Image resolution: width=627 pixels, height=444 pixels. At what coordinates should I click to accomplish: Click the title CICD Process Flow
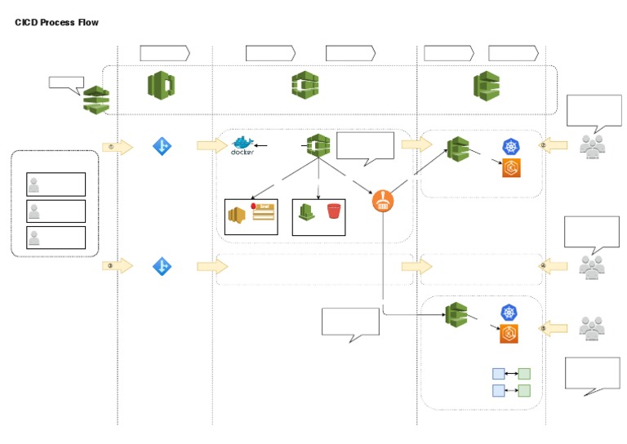click(x=56, y=22)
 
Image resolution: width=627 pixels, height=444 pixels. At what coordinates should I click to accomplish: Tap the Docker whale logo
click(x=242, y=144)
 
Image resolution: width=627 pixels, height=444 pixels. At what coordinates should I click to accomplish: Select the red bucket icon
click(x=333, y=212)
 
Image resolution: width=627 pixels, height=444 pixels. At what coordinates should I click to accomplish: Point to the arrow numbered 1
click(x=117, y=147)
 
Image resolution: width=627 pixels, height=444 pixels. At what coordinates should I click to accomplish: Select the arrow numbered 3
click(x=117, y=266)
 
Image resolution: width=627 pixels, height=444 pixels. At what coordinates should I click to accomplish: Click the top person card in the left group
click(x=56, y=184)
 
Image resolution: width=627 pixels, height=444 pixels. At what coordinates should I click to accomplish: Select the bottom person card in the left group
click(x=56, y=238)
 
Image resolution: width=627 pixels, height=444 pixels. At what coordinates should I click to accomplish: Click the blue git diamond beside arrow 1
click(x=162, y=147)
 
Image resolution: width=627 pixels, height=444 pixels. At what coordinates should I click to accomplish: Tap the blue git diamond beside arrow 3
click(x=162, y=266)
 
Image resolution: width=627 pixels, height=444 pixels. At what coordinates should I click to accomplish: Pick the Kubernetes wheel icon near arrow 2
click(x=512, y=147)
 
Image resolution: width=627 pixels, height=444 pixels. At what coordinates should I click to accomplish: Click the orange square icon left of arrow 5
click(x=509, y=333)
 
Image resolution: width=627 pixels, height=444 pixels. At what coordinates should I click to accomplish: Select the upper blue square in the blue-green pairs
click(x=498, y=374)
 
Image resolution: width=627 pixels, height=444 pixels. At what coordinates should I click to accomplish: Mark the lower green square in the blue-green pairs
click(x=524, y=391)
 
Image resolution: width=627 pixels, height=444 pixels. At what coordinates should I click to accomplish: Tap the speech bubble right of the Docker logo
click(x=365, y=147)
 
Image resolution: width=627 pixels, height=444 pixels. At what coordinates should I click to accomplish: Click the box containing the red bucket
click(x=318, y=217)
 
